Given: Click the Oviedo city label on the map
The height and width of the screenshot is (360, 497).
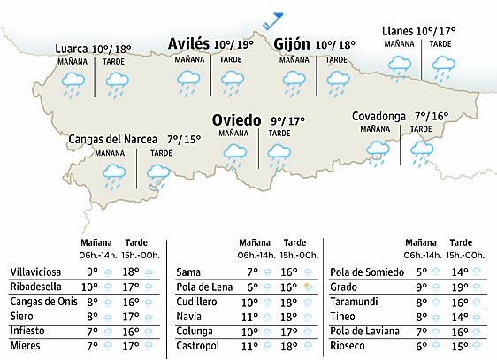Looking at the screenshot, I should pos(236,120).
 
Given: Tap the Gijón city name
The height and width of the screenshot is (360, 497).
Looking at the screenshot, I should pos(291,44).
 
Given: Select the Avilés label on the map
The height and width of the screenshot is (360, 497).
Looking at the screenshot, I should pos(188,43).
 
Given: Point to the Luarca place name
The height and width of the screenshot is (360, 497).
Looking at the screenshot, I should pos(71,48).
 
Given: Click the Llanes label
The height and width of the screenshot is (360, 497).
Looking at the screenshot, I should pos(399,31).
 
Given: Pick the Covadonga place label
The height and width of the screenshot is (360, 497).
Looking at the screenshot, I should pos(378,116).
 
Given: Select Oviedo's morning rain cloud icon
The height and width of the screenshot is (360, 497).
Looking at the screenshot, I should pos(234,155).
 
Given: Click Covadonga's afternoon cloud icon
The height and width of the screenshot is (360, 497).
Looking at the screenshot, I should pos(422,151).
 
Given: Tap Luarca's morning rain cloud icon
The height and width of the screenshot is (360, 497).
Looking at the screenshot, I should pos(73,83).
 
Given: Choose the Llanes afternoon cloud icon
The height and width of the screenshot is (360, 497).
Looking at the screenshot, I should pos(441,65).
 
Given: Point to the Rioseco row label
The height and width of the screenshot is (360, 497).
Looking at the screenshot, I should pos(348,347).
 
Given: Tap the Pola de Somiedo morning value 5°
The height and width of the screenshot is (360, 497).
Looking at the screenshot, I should pos(421,272).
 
